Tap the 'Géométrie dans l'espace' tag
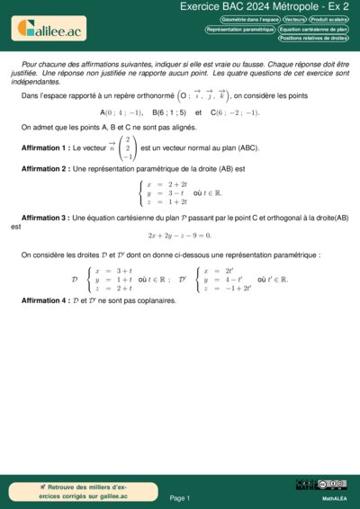point(248,19)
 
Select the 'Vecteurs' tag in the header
point(293,19)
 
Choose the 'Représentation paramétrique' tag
point(239,29)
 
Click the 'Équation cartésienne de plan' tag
point(313,29)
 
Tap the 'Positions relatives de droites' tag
point(313,39)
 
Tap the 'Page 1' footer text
point(180,497)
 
